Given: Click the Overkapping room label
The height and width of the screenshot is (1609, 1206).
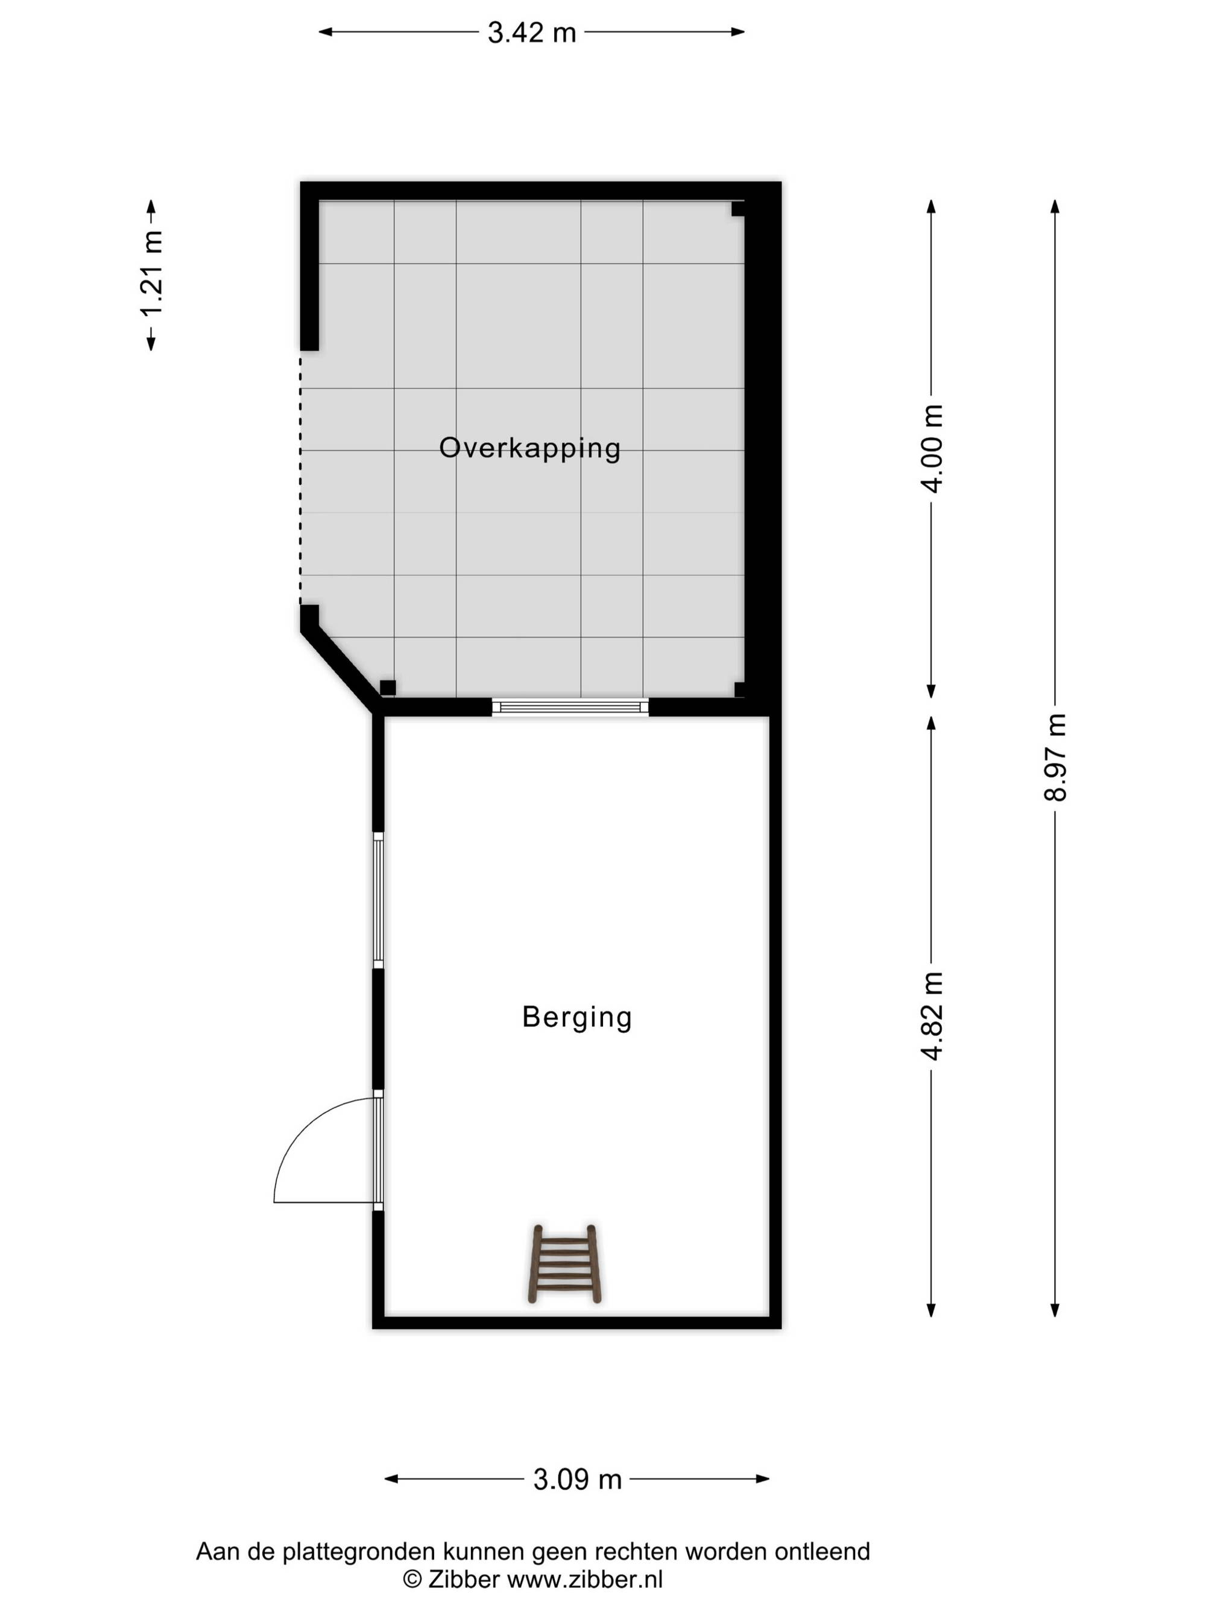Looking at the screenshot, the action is point(530,448).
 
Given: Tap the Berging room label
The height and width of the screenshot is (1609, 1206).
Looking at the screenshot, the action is point(577,1017).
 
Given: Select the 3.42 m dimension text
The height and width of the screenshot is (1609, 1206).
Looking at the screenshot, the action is point(531,33).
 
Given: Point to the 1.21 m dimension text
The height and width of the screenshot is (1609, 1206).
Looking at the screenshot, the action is point(152,275).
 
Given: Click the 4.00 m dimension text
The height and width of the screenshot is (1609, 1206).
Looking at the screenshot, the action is point(932,448).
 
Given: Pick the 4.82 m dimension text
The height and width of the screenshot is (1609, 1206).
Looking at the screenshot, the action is point(932,1015).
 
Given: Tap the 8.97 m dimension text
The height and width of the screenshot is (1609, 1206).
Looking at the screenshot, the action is point(1055,757).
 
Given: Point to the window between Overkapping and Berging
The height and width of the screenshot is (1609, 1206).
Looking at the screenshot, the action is point(570,706).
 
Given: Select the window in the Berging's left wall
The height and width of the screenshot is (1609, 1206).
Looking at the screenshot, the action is point(378,900).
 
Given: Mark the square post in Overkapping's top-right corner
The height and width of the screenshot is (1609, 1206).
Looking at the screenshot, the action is point(738,209).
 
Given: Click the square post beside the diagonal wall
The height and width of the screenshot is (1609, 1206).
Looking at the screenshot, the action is point(388,687).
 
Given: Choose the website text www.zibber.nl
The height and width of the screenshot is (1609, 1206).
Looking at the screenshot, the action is point(584,1579).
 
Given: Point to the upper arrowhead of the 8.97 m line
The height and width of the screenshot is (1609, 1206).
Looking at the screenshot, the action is point(1055,206).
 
